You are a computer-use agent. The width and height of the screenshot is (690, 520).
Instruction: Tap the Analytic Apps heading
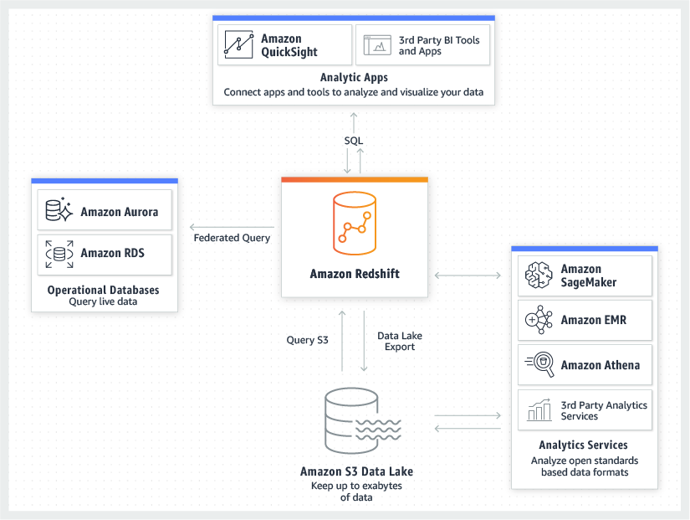[354, 78]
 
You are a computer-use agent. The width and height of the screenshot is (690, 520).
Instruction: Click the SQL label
[354, 141]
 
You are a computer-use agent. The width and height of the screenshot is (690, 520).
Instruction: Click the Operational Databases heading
[104, 290]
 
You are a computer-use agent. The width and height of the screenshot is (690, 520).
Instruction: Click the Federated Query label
[232, 238]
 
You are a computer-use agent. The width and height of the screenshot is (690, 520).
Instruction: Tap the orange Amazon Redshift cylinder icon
[354, 221]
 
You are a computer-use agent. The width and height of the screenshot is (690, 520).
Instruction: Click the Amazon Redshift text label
[354, 274]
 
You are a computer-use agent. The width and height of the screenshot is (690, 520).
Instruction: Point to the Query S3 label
[308, 340]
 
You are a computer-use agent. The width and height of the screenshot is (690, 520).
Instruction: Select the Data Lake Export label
[400, 341]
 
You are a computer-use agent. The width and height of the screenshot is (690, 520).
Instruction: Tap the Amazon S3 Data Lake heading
[356, 471]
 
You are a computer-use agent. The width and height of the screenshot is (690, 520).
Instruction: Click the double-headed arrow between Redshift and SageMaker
[467, 274]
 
